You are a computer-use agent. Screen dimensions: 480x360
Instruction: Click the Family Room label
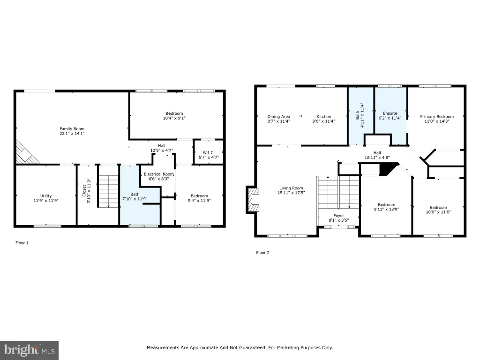[72, 129]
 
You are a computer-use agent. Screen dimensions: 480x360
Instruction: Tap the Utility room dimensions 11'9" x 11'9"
[46, 201]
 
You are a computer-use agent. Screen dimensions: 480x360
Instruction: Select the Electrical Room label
[158, 174]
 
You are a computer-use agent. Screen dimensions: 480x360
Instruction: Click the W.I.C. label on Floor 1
[209, 153]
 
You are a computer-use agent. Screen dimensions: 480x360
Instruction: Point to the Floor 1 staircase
[108, 186]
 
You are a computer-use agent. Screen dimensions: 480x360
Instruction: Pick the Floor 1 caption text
[22, 243]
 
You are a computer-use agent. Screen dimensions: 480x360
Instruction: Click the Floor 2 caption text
[262, 253]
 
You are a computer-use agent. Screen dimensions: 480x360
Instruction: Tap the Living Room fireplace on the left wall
[253, 200]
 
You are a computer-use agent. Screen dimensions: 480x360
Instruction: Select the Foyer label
[338, 216]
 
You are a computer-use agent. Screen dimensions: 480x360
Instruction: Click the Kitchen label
[323, 117]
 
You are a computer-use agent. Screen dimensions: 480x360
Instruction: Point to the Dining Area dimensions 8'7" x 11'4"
[278, 121]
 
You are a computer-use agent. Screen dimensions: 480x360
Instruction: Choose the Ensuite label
[390, 113]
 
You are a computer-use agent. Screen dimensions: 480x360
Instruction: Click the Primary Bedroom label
[437, 117]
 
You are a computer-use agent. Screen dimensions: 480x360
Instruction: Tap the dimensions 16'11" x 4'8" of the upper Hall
[377, 157]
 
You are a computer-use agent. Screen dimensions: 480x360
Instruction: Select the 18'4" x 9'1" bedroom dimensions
[174, 118]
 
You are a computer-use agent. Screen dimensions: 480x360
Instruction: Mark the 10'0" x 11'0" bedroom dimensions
[438, 212]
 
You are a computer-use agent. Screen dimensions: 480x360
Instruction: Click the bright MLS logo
[29, 350]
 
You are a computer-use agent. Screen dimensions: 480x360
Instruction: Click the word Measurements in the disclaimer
[163, 347]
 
